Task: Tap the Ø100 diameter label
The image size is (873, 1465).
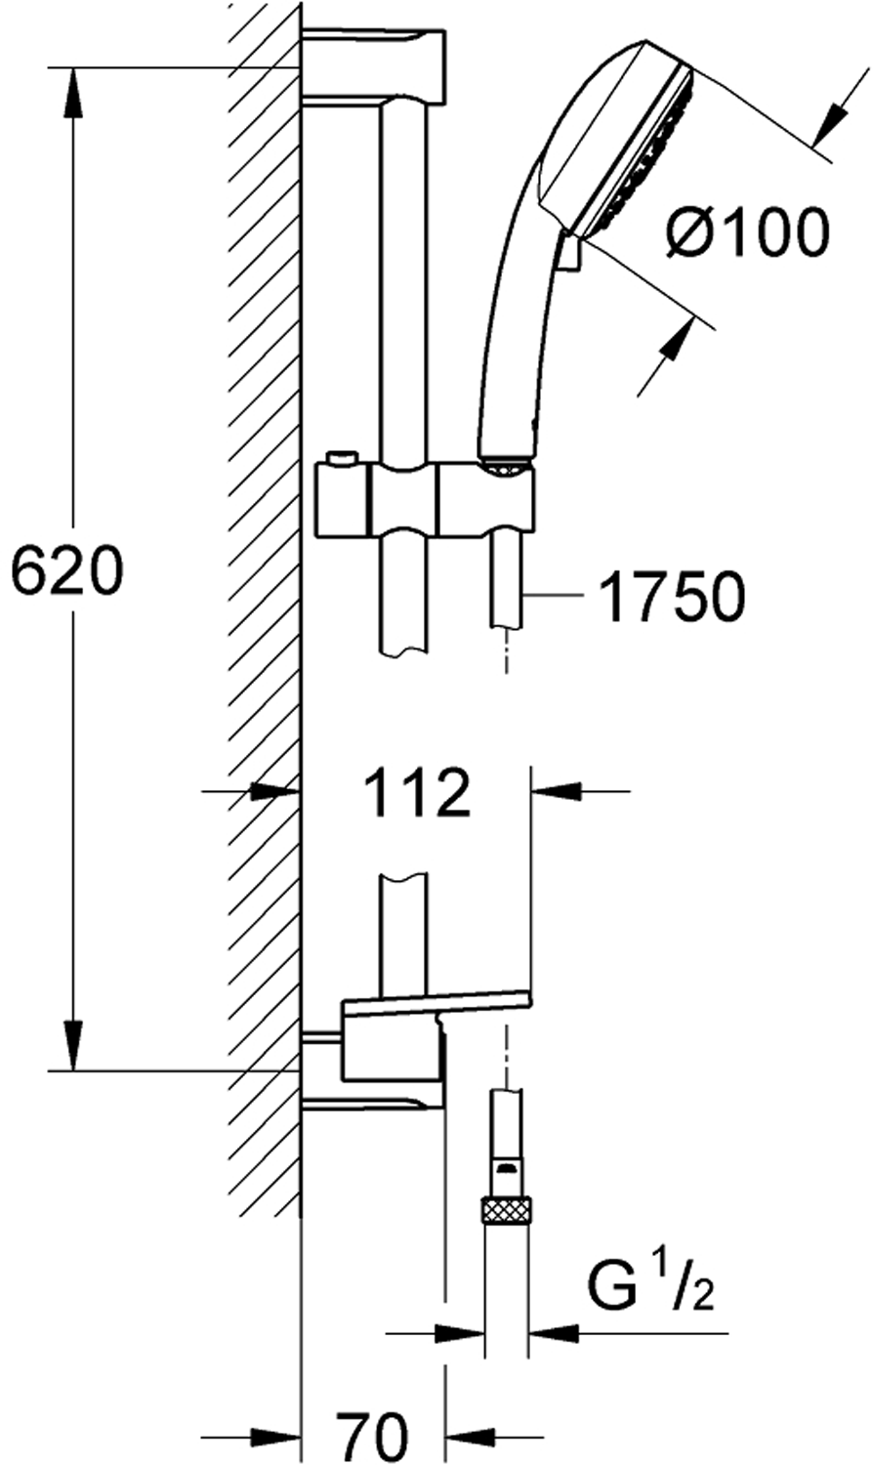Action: click(747, 231)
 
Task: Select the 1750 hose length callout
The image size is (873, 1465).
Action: click(672, 597)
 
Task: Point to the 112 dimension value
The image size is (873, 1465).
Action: click(417, 792)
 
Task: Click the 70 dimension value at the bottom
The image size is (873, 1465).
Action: click(371, 1437)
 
